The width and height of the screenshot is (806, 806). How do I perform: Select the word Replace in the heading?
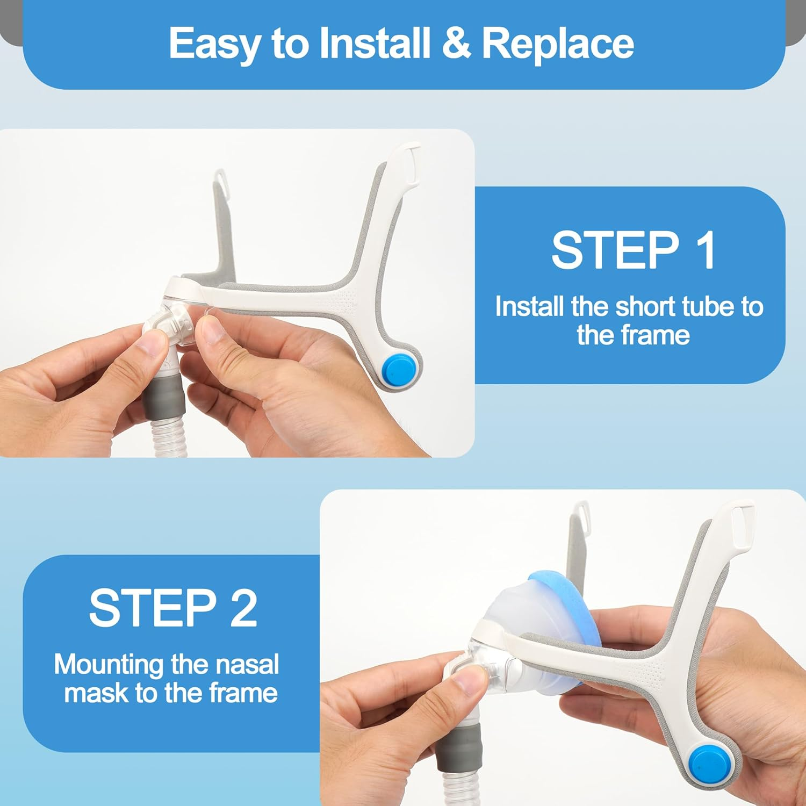pos(558,44)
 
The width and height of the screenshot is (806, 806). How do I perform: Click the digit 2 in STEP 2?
pos(244,608)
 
